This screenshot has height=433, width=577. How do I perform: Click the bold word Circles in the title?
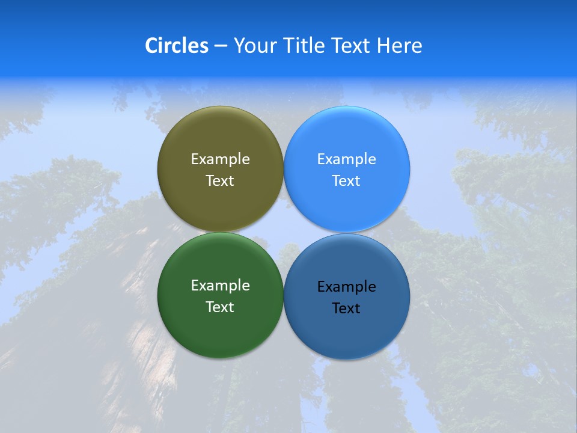(x=176, y=46)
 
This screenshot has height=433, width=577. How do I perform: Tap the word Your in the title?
(x=253, y=46)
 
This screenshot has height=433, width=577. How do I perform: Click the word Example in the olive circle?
(x=220, y=159)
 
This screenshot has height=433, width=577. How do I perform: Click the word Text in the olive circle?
(x=220, y=181)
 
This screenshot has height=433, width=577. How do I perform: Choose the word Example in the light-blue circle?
(x=346, y=159)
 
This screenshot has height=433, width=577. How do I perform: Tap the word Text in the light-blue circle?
(x=346, y=181)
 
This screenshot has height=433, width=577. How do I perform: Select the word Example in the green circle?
(x=220, y=286)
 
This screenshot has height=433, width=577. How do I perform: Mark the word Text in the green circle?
(x=220, y=307)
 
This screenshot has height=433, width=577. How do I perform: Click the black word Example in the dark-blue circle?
(x=346, y=287)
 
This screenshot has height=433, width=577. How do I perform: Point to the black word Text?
(x=346, y=309)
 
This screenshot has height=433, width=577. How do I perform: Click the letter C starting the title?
(x=151, y=46)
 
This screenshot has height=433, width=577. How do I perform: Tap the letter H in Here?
(x=383, y=46)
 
